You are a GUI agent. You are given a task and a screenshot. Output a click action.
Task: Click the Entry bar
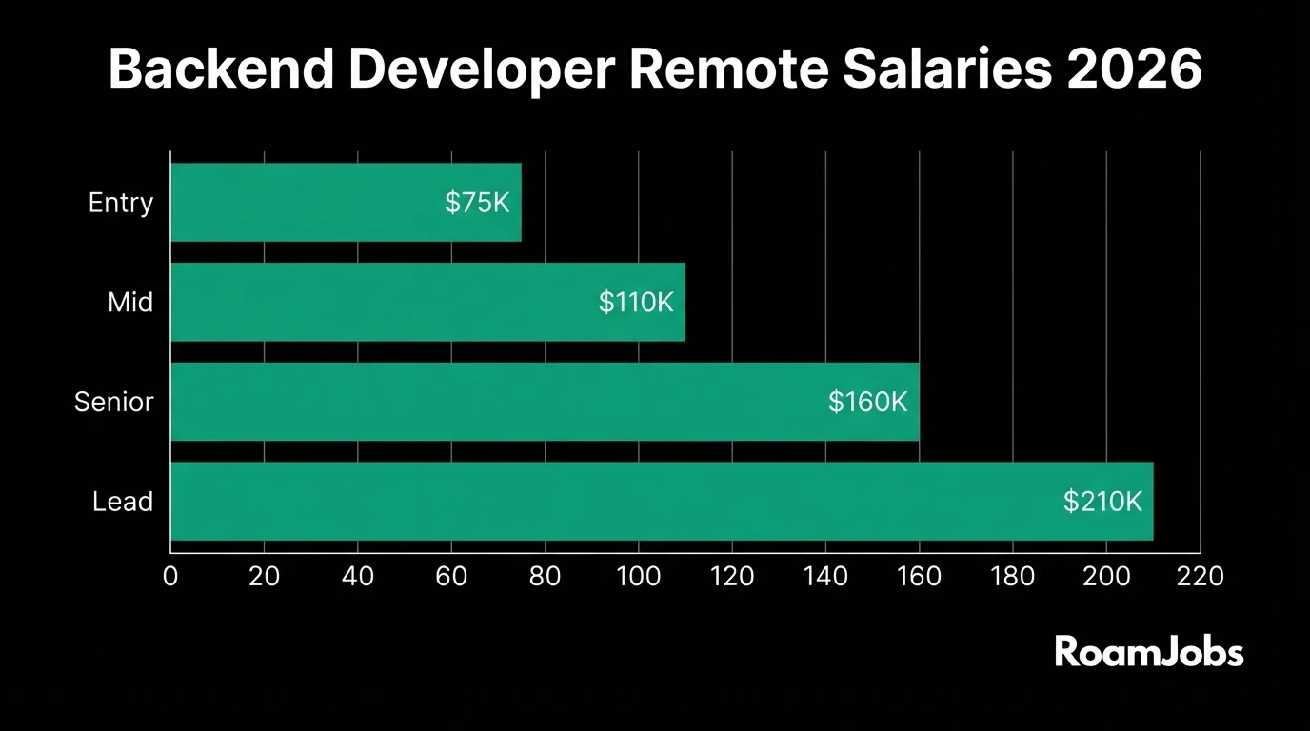point(346,203)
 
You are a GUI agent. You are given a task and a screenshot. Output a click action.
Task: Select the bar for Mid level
point(427,303)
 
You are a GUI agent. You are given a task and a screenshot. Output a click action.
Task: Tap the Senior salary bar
point(545,402)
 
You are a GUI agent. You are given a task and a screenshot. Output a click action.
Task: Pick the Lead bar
point(662,502)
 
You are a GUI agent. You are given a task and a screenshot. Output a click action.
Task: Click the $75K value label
point(477,203)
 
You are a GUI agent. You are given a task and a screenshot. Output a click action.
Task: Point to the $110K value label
point(636,303)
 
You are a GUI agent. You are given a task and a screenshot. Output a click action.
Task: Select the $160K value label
point(867,402)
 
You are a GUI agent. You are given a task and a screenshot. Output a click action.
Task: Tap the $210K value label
point(1102,502)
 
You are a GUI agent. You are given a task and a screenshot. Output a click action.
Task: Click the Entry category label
point(121,203)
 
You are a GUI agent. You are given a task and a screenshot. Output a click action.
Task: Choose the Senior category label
point(114,402)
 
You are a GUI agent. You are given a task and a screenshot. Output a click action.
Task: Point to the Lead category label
point(123,502)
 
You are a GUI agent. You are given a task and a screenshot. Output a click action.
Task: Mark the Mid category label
point(130,303)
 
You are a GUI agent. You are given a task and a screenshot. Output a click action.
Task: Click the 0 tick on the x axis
point(170,576)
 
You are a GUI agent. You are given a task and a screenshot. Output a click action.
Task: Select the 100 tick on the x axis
point(638,576)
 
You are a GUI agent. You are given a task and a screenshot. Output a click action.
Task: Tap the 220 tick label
point(1200,576)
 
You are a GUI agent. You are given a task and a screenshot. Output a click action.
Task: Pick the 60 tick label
point(451,576)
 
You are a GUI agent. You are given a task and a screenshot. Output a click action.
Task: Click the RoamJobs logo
point(1149,652)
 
